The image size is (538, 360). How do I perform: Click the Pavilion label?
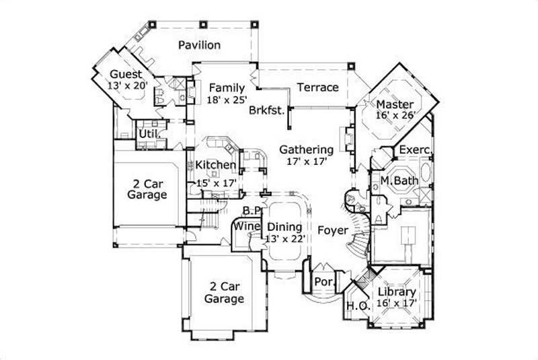[199, 45]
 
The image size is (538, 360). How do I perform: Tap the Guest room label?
[126, 74]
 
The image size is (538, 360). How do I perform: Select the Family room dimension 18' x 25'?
[227, 100]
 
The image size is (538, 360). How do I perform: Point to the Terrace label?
[317, 87]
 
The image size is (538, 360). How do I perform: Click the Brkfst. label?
[266, 110]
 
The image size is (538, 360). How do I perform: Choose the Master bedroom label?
[394, 104]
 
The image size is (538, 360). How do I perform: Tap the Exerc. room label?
[415, 149]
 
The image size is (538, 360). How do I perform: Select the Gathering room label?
[307, 149]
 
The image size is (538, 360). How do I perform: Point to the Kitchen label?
[215, 165]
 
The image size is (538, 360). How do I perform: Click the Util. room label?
[149, 134]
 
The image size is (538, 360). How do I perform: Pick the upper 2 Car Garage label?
[146, 188]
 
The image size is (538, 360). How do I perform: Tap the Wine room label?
[247, 227]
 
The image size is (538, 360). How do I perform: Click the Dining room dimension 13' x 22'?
[285, 238]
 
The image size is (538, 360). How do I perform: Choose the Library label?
[396, 293]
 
